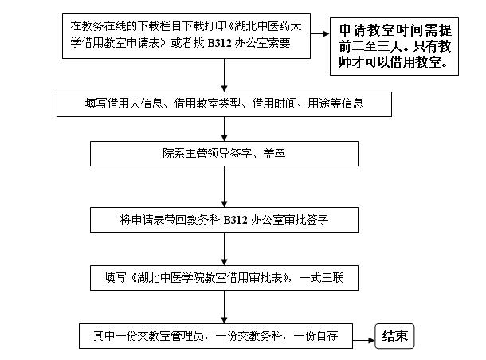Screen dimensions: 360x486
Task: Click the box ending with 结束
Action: click(x=395, y=336)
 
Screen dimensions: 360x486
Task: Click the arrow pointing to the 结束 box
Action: click(x=365, y=337)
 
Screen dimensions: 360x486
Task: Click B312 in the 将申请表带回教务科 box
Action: click(x=237, y=218)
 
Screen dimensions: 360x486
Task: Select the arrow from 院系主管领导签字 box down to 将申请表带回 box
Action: click(x=225, y=187)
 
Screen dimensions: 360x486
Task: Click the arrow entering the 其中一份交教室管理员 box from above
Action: click(x=225, y=309)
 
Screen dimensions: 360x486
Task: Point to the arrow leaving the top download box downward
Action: click(x=225, y=74)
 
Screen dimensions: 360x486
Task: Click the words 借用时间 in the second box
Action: click(x=273, y=103)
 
